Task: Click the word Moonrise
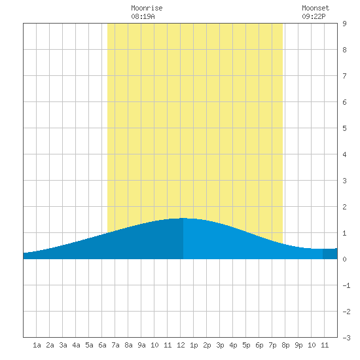click(147, 8)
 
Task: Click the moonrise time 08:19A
click(143, 16)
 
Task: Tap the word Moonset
click(315, 8)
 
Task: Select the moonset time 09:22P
click(314, 16)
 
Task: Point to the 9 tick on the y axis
click(344, 24)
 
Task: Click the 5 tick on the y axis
click(344, 128)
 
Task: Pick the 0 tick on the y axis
click(344, 259)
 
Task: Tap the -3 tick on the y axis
click(346, 338)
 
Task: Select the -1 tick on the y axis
click(346, 285)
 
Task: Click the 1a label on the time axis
click(37, 345)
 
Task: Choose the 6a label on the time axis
click(102, 345)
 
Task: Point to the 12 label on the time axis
click(181, 345)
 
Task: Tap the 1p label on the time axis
click(194, 345)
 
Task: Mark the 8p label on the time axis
click(285, 345)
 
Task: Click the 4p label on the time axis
click(233, 345)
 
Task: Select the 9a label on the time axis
click(141, 345)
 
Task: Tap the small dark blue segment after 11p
click(330, 254)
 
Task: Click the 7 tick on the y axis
click(344, 76)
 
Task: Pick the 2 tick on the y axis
click(344, 207)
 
